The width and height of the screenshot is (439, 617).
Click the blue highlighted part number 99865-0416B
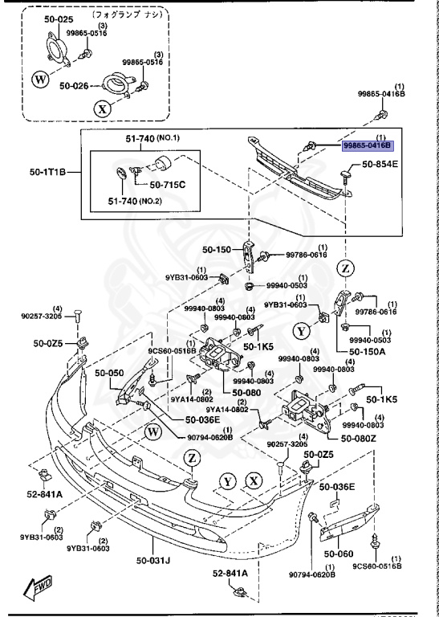(366, 145)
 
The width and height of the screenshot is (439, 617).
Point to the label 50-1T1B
(47, 172)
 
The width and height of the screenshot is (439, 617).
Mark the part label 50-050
(111, 373)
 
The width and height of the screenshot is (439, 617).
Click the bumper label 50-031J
(152, 559)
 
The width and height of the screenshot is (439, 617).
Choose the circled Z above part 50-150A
(345, 268)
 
